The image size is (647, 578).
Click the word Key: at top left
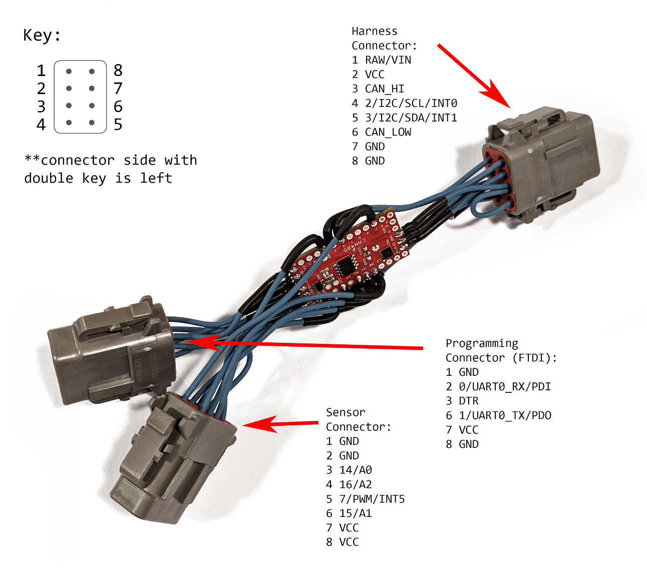[x=42, y=36]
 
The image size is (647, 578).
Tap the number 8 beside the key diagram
[x=118, y=70]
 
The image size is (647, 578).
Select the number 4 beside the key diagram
[x=41, y=124]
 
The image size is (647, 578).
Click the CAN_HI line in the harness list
[x=379, y=89]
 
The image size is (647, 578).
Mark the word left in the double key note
[x=156, y=178]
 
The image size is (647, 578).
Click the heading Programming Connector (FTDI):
[x=501, y=350]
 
